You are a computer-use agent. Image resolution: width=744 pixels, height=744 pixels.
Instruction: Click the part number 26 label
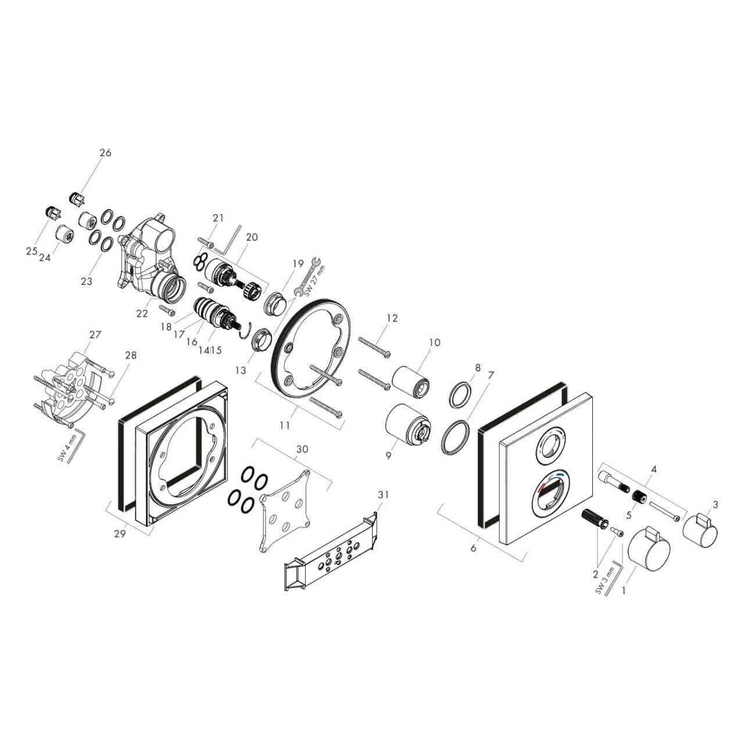(x=105, y=153)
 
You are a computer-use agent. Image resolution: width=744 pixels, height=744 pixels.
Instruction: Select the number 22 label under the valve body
(x=142, y=313)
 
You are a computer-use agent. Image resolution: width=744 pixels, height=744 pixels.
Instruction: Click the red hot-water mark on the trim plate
(x=542, y=486)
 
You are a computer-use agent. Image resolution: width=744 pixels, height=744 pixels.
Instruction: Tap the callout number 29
(x=120, y=535)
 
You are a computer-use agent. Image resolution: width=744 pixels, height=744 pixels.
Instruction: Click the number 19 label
(x=298, y=263)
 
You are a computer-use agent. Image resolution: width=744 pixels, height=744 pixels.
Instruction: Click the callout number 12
(x=392, y=318)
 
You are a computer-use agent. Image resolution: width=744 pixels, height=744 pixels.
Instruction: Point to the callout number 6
(x=473, y=548)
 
